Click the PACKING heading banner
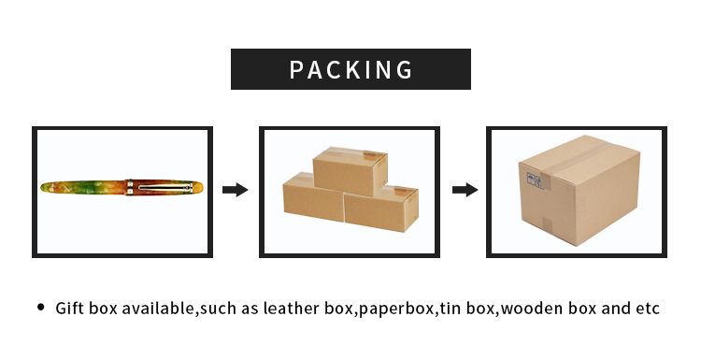350,69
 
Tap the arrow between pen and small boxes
235,190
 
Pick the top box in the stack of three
350,169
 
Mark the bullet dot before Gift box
40,307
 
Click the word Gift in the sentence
70,308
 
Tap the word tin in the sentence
449,308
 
